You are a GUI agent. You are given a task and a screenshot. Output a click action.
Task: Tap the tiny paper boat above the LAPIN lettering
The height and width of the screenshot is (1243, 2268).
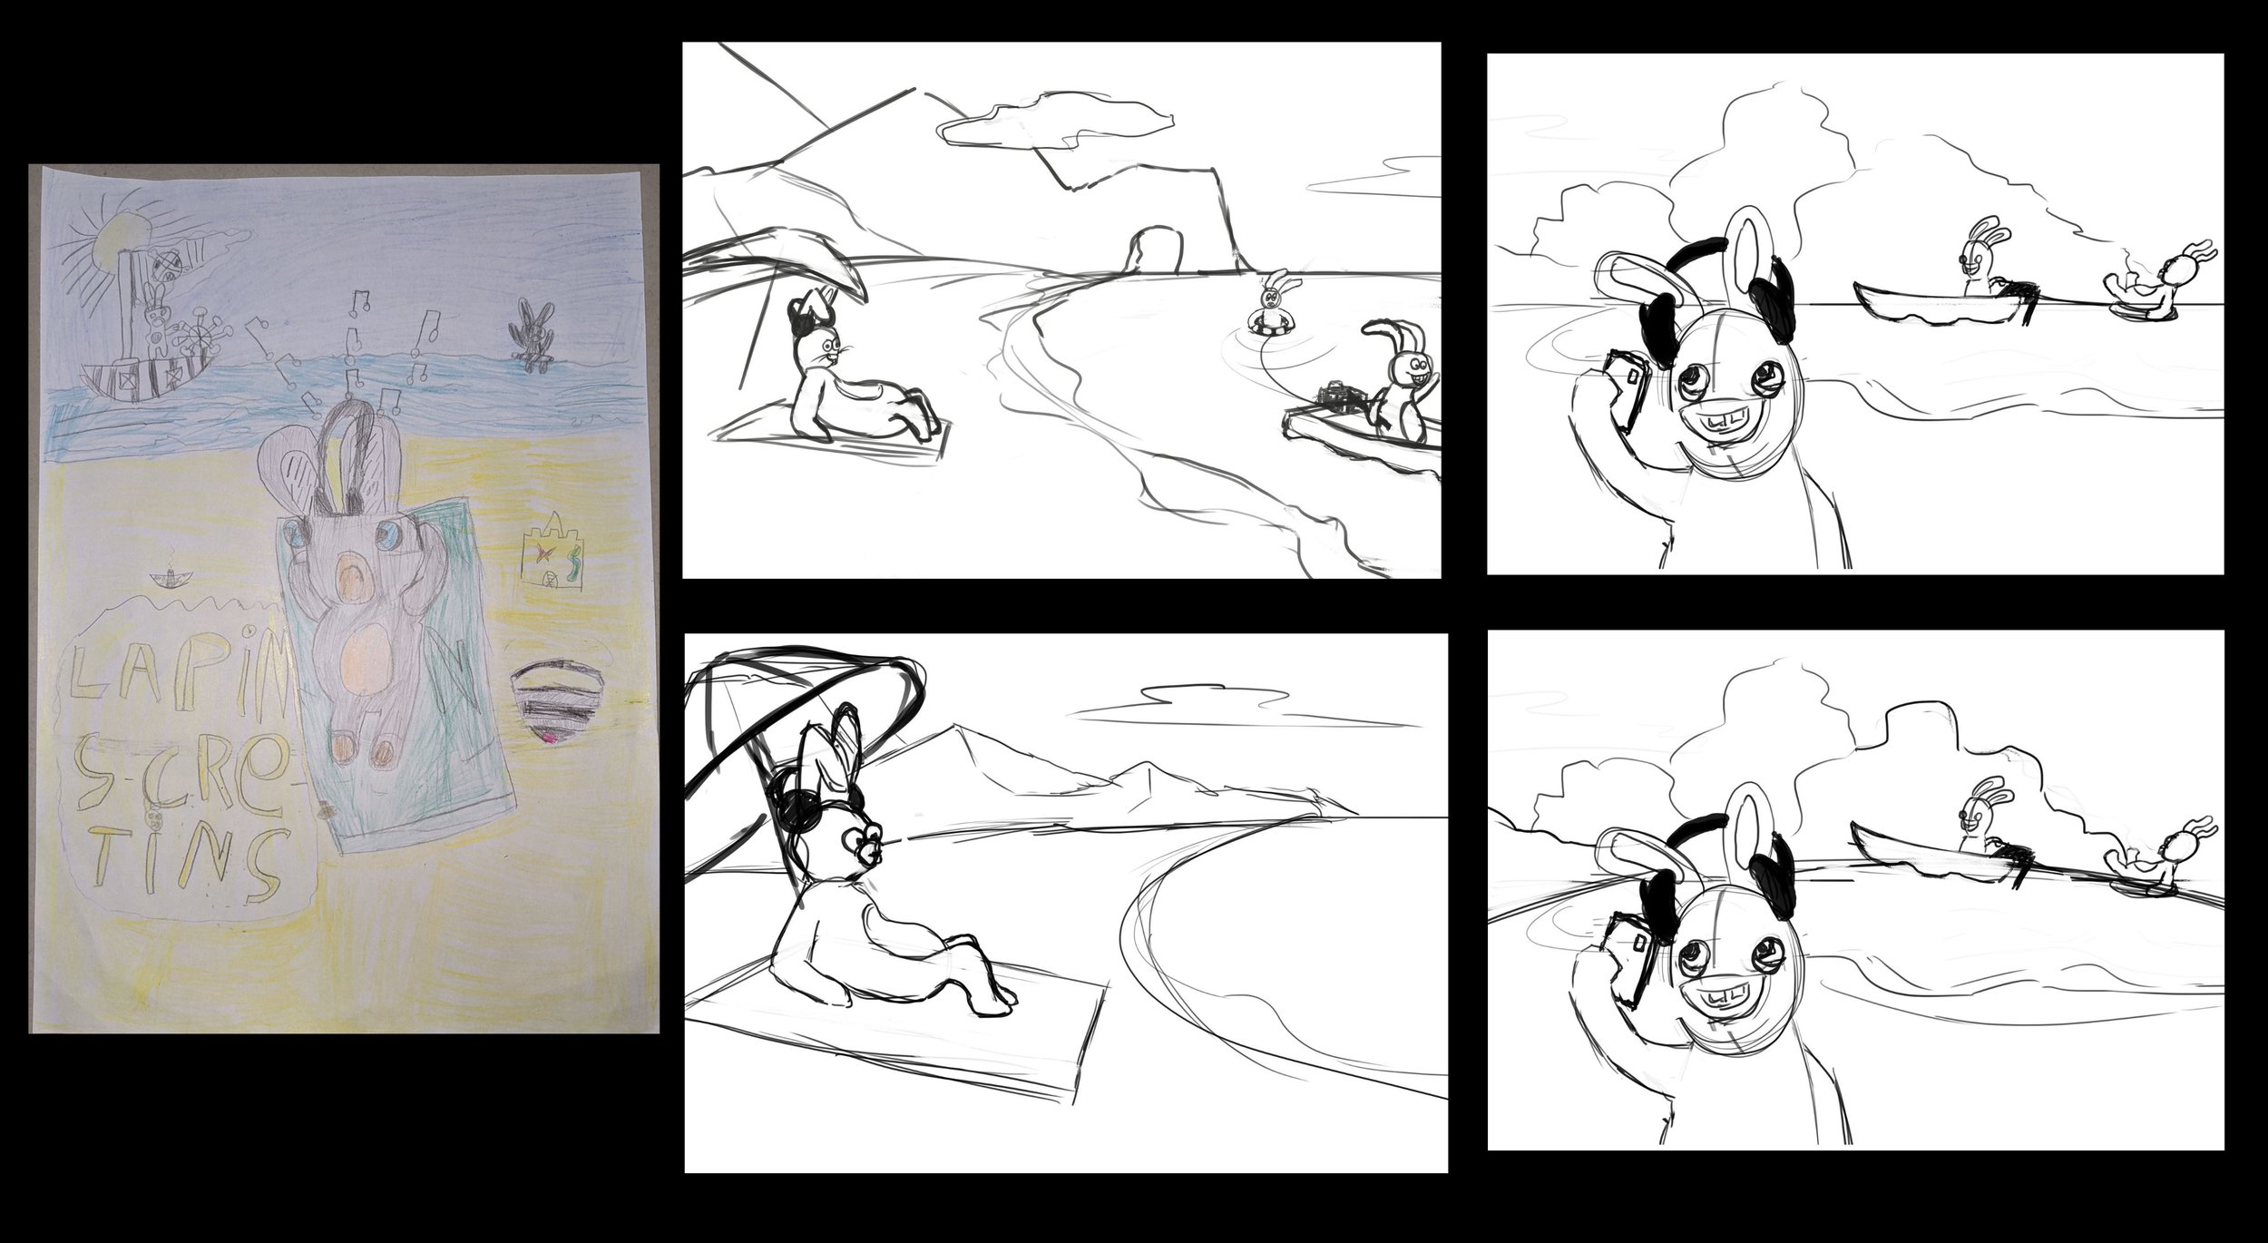(164, 581)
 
